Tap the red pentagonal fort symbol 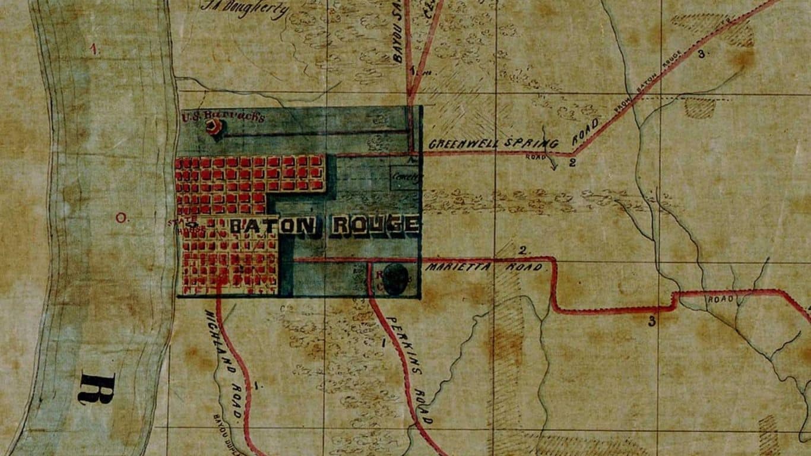(x=213, y=126)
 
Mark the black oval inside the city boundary (x=395, y=280)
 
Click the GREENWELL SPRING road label (x=493, y=144)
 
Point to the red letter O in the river (x=121, y=218)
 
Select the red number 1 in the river (x=95, y=50)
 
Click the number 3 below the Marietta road (x=652, y=322)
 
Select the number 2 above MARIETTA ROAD (x=523, y=251)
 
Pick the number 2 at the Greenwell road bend (x=572, y=162)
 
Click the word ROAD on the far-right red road (x=721, y=299)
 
